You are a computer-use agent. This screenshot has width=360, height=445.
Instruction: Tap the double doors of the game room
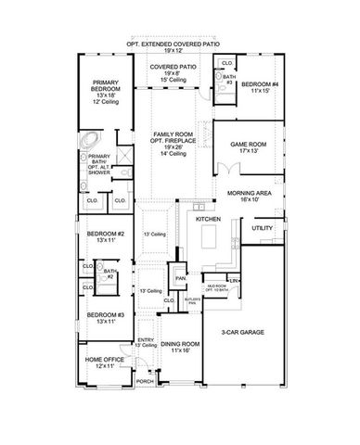224,168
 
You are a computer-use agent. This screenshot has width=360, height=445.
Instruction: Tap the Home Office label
98,362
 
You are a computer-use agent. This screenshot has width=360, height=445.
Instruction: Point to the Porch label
145,381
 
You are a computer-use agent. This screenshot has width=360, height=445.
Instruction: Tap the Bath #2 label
110,274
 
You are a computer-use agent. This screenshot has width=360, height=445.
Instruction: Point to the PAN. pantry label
182,276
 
